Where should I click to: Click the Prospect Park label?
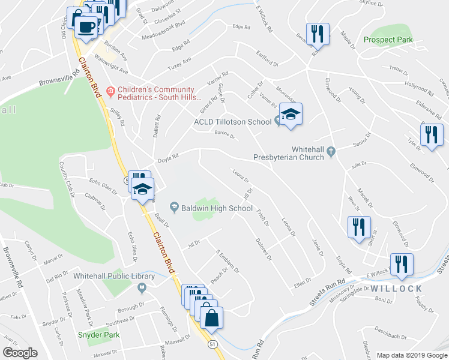pos(388,40)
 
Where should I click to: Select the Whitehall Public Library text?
pos(114,276)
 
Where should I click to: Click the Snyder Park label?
pos(98,335)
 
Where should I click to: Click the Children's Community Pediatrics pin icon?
pos(110,91)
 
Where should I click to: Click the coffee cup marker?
pos(86,27)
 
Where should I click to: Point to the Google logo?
pos(20,353)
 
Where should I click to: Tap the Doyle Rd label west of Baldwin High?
pos(168,158)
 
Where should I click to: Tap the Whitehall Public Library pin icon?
pos(142,289)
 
